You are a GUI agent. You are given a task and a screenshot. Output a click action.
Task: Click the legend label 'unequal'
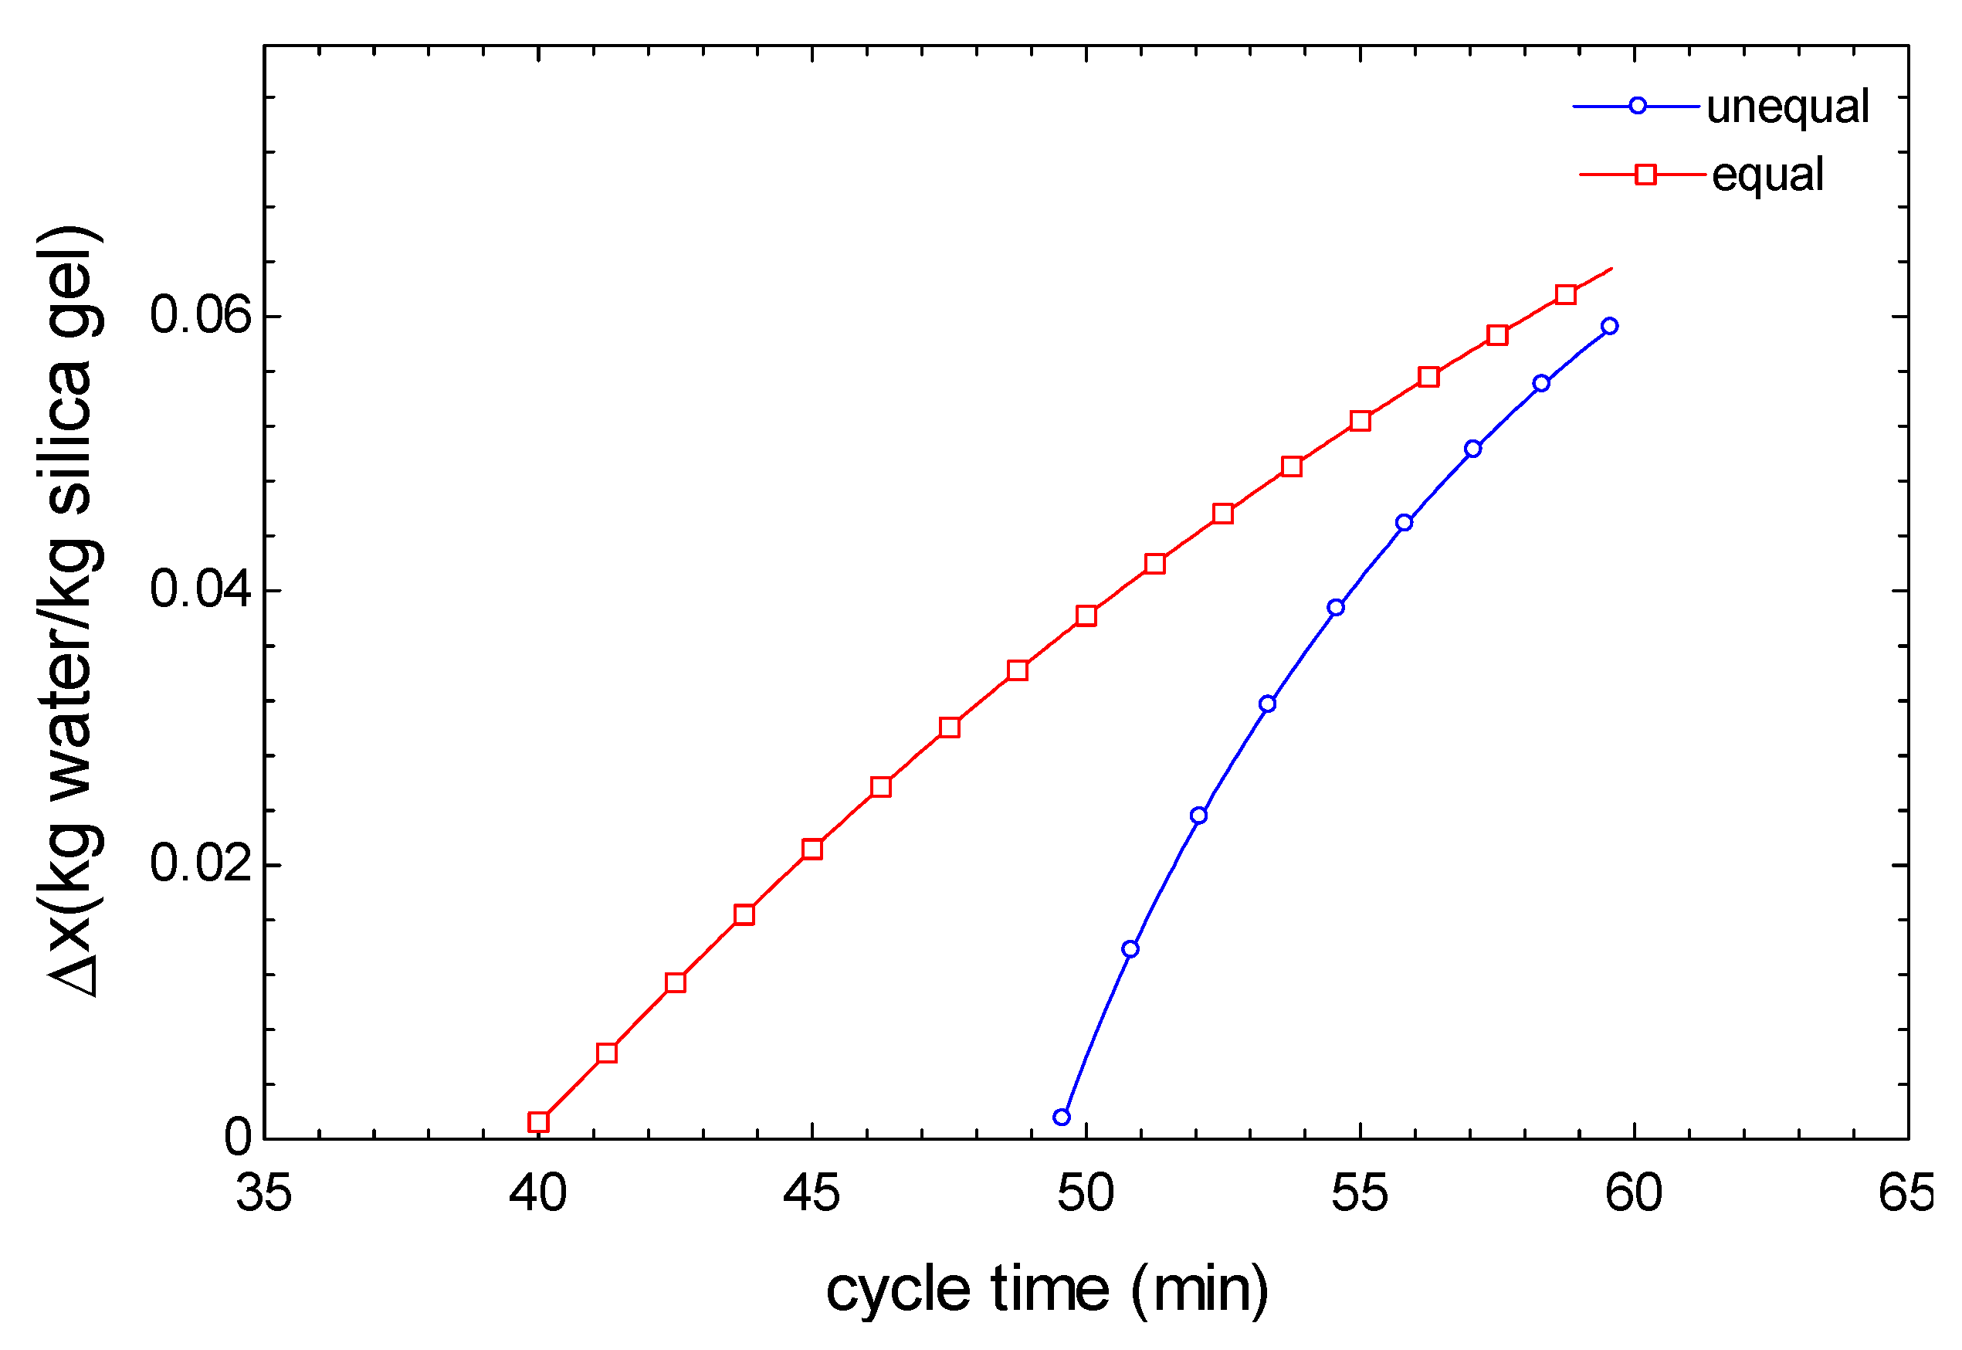click(1787, 107)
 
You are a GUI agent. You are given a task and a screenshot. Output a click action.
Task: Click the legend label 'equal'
click(1767, 176)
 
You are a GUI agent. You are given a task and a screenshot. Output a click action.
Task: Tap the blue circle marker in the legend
click(1637, 106)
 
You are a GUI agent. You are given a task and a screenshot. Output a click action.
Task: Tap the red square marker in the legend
click(1645, 175)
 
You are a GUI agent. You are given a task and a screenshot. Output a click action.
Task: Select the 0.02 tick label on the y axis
click(202, 863)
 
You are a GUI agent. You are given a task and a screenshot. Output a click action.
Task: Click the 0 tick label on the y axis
click(238, 1138)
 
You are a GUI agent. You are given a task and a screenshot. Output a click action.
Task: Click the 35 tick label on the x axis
click(264, 1193)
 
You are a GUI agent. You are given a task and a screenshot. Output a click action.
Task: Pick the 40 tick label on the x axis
click(538, 1193)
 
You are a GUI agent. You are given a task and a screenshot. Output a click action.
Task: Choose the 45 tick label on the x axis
click(812, 1193)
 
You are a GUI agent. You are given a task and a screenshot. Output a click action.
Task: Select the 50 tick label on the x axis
click(1086, 1193)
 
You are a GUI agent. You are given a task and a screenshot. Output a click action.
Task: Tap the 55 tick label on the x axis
click(1360, 1193)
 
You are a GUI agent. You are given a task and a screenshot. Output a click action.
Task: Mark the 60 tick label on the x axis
click(1634, 1193)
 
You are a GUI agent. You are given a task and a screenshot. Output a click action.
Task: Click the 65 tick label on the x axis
click(1906, 1193)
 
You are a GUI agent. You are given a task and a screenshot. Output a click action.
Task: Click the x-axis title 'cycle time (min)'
click(1047, 1290)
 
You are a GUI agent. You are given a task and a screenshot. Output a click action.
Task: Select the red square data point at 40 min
click(539, 1122)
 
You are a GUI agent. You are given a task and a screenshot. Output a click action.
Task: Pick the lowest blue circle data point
click(1062, 1118)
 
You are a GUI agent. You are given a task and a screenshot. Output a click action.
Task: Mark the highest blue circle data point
click(1609, 327)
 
